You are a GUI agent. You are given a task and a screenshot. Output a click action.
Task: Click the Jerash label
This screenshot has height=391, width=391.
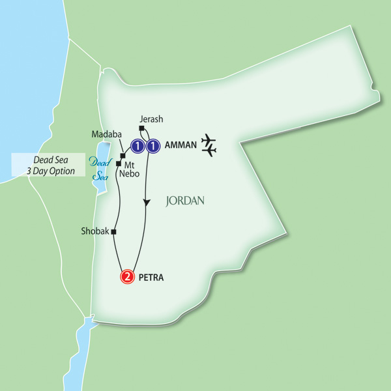pos(151,119)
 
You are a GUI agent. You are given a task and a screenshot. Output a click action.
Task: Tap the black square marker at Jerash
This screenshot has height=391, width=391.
pos(141,129)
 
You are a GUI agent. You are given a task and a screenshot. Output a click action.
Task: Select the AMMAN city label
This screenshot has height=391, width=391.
pos(179,146)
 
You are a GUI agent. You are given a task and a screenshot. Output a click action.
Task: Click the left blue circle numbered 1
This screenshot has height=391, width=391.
pos(138,146)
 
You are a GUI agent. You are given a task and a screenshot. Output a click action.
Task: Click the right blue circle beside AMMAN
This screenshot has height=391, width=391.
pos(152,146)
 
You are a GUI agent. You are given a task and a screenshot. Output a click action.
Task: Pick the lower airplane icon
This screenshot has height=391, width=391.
pos(209,151)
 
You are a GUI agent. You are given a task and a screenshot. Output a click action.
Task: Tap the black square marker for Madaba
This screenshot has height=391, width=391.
pos(123,156)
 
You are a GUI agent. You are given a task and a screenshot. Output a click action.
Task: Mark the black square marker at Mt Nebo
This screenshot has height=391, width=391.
pos(118,164)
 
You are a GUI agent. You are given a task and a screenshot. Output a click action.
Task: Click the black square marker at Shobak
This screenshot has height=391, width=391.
pos(113,232)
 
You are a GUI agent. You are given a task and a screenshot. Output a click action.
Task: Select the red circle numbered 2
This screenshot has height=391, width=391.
pos(128,277)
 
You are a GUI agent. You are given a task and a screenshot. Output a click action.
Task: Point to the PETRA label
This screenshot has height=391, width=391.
pos(152,278)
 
